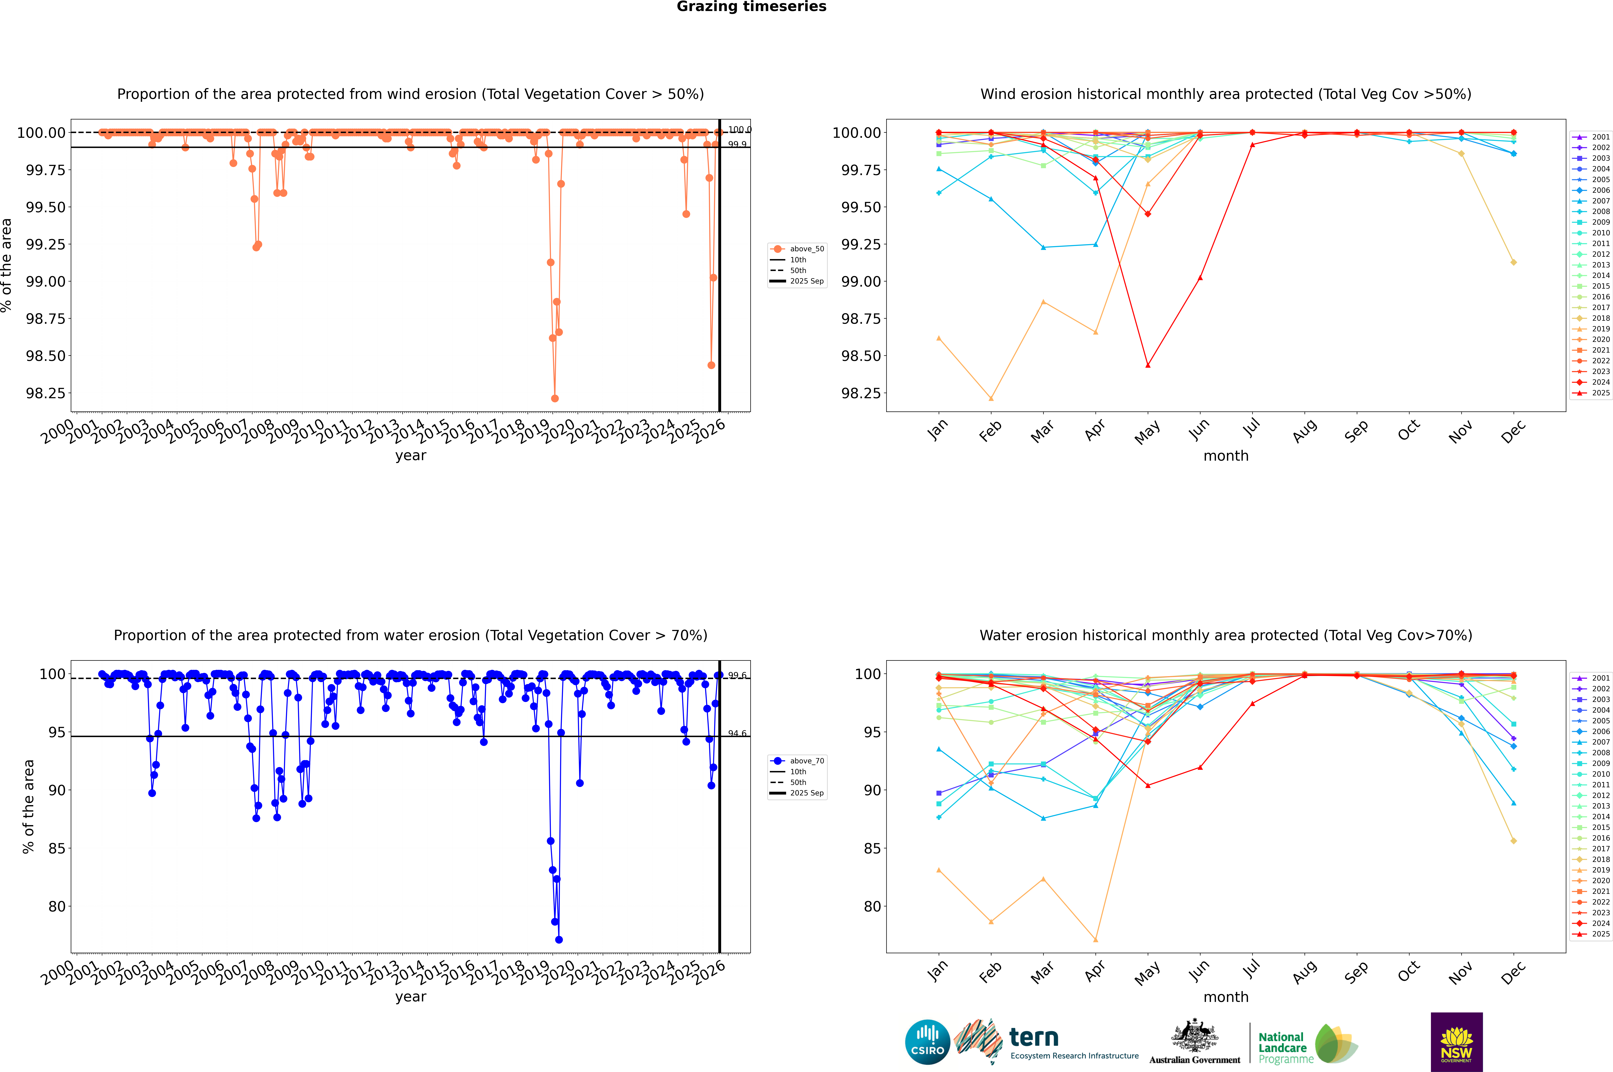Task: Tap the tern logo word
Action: [x=1034, y=1038]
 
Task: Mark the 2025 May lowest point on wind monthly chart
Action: [x=1147, y=365]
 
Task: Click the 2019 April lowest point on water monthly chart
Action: [x=1095, y=940]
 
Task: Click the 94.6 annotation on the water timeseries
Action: [x=737, y=734]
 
